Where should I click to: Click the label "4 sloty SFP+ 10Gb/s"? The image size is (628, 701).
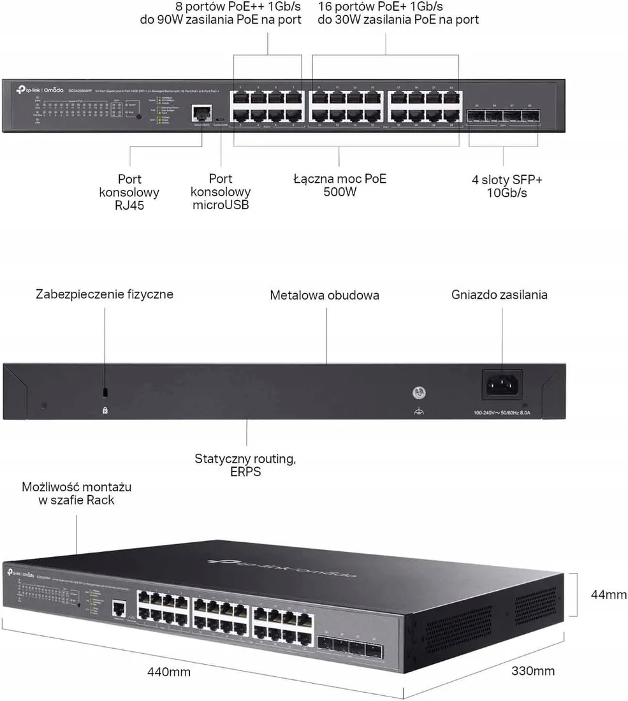tap(503, 186)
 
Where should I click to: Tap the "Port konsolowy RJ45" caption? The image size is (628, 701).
tap(129, 192)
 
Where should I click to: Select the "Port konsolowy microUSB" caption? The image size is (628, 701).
tap(221, 192)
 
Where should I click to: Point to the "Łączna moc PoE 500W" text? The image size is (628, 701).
tap(339, 185)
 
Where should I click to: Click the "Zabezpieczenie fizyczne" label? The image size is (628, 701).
tap(105, 294)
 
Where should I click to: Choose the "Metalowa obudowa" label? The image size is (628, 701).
tap(325, 295)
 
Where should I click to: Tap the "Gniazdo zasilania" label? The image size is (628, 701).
tap(499, 294)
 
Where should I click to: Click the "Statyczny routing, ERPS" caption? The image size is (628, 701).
tap(245, 465)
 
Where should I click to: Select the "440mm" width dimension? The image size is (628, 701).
tap(168, 671)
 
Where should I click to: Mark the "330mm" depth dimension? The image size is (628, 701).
tap(533, 670)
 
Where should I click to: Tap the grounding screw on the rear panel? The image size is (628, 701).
tap(419, 394)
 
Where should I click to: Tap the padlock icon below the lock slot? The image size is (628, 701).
tap(105, 411)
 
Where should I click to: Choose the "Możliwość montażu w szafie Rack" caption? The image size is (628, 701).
tap(77, 493)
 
